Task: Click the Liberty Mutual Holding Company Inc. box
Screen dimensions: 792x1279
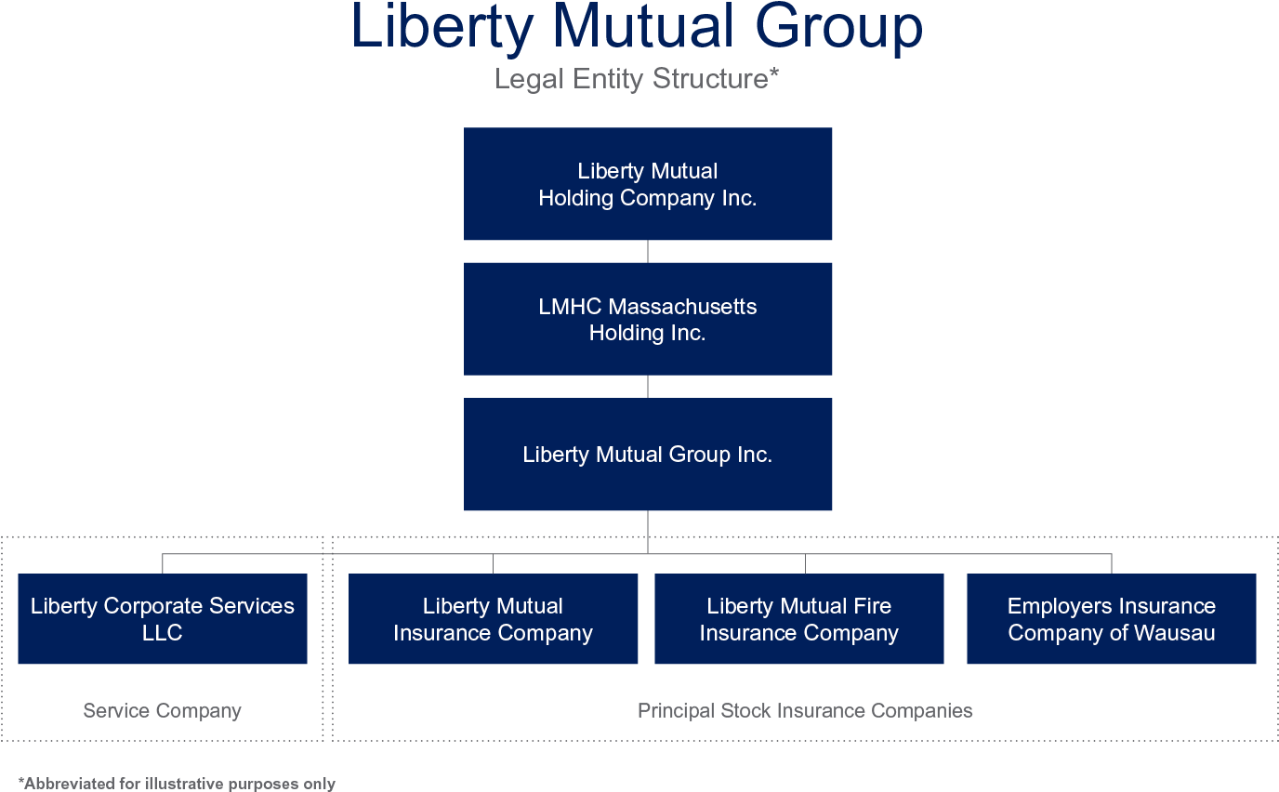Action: click(648, 184)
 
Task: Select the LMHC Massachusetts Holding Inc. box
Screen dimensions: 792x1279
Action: click(648, 319)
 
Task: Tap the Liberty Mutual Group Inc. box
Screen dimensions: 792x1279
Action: click(648, 455)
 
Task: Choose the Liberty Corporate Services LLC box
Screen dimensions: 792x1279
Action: click(163, 619)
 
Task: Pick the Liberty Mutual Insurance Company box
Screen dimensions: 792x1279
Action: click(493, 619)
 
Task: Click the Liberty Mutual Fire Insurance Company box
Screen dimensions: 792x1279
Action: click(799, 619)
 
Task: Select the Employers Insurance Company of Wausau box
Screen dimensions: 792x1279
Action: click(1112, 619)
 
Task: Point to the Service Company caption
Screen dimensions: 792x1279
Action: click(163, 711)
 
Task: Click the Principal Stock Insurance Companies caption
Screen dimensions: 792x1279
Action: click(805, 711)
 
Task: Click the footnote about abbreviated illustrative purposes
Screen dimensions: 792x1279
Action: click(177, 784)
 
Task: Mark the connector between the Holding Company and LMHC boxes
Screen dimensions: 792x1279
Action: click(648, 252)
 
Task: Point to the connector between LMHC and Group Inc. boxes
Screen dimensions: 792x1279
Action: click(648, 387)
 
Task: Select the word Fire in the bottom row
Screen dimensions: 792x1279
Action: click(872, 606)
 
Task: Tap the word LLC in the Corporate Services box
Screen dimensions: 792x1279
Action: click(163, 633)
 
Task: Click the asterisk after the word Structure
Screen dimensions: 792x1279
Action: click(773, 74)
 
